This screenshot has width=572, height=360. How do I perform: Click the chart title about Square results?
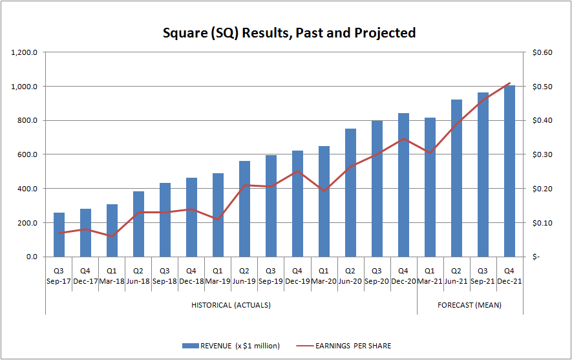(289, 32)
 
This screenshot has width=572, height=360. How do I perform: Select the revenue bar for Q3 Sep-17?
(59, 235)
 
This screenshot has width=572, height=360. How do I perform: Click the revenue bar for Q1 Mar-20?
(324, 202)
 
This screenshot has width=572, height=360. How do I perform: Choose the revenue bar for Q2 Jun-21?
(456, 178)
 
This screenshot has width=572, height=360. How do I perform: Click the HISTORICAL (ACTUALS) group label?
(231, 305)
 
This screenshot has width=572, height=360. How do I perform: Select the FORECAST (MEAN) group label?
(469, 305)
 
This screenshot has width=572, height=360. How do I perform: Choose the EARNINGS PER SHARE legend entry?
(353, 346)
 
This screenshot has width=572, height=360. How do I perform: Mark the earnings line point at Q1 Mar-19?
(218, 220)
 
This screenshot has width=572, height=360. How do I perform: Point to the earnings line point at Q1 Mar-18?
(112, 237)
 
